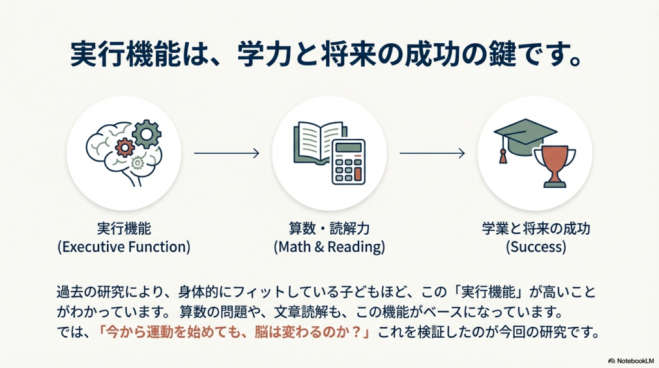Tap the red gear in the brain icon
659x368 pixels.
[125, 147]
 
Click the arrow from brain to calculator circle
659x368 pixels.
[226, 153]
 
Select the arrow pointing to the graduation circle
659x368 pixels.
[432, 153]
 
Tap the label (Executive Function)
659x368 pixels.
[124, 247]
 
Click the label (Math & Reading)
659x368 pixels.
[329, 247]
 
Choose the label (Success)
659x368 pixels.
[535, 247]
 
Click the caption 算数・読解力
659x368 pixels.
[329, 229]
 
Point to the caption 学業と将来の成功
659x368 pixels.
[535, 229]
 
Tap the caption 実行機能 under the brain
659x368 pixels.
[124, 229]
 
